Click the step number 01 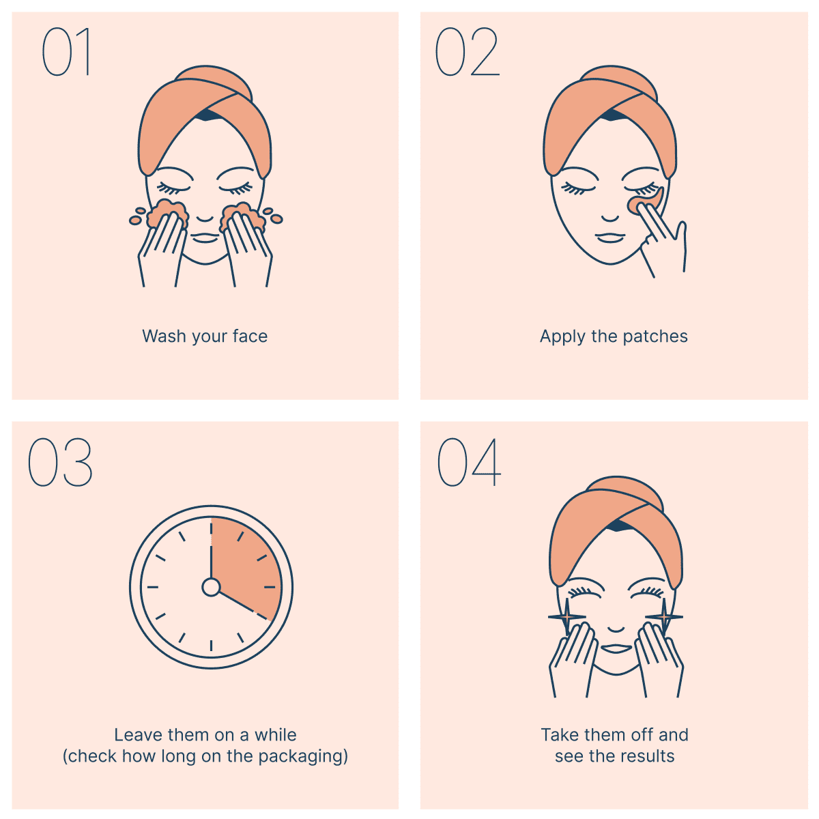tap(66, 51)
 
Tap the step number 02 tap(467, 51)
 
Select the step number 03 tap(60, 462)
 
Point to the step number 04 tap(469, 462)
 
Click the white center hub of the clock tap(211, 587)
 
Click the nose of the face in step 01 tap(205, 218)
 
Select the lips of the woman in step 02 tap(610, 237)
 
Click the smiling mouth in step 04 tap(616, 649)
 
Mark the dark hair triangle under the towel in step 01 tap(207, 115)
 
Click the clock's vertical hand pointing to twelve tap(211, 548)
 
